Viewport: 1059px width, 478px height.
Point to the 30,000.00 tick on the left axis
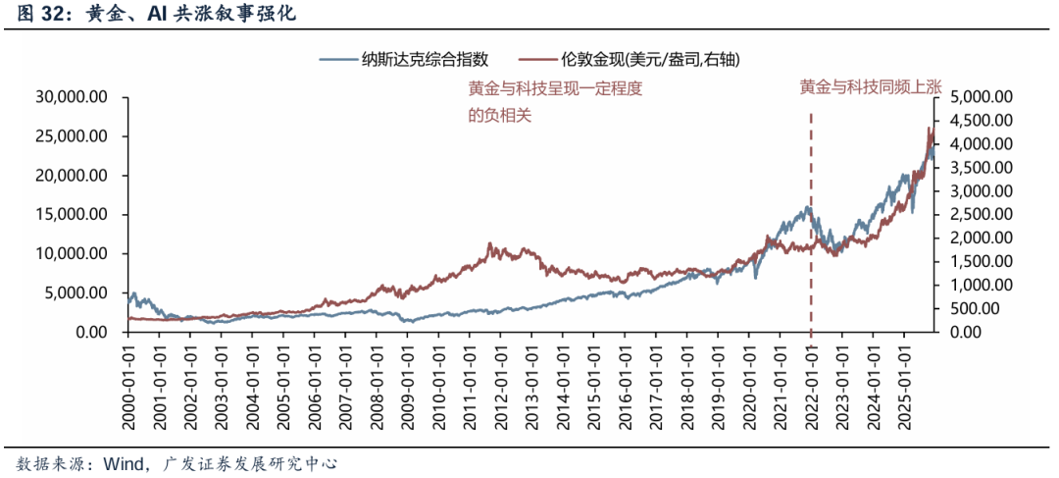pos(72,97)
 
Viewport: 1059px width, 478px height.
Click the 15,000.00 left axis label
pos(72,215)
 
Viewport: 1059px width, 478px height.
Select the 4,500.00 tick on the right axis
pos(980,121)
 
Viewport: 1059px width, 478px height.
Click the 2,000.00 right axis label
pos(980,239)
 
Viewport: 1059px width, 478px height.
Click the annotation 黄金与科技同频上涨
pos(870,87)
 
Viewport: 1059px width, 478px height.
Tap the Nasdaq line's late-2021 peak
pos(807,208)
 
